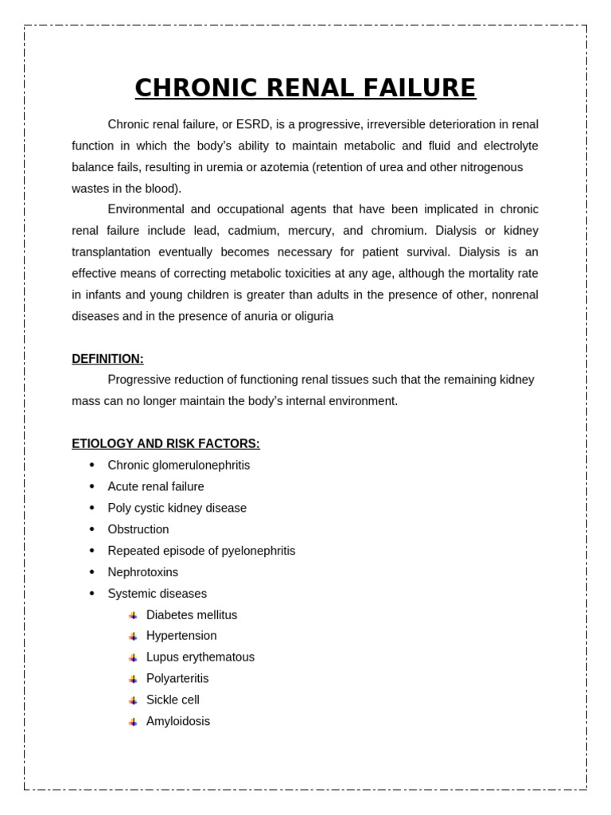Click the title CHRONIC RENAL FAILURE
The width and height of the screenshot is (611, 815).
pyautogui.click(x=305, y=88)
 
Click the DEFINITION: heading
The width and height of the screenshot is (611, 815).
pyautogui.click(x=107, y=359)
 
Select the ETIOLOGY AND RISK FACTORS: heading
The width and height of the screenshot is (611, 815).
pyautogui.click(x=165, y=444)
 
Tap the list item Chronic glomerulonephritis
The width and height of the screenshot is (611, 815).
pyautogui.click(x=178, y=466)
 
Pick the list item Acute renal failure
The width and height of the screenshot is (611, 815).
pyautogui.click(x=156, y=487)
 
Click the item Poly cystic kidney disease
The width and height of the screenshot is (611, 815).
pyautogui.click(x=177, y=509)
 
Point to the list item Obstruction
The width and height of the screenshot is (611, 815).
pyautogui.click(x=138, y=530)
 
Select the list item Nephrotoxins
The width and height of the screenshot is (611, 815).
pyautogui.click(x=143, y=573)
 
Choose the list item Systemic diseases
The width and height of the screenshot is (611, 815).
pyautogui.click(x=157, y=594)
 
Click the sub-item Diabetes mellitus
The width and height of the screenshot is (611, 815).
pyautogui.click(x=192, y=615)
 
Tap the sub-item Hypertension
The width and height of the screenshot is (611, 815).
pyautogui.click(x=181, y=636)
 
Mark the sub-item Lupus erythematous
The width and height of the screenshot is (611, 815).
pyautogui.click(x=200, y=657)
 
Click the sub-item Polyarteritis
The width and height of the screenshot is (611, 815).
pyautogui.click(x=177, y=679)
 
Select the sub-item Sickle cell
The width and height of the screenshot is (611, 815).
pyautogui.click(x=173, y=700)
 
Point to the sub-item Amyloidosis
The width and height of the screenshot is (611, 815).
pyautogui.click(x=178, y=722)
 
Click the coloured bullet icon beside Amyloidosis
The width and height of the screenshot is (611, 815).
pyautogui.click(x=133, y=722)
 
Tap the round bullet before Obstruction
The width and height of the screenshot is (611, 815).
pyautogui.click(x=91, y=530)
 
